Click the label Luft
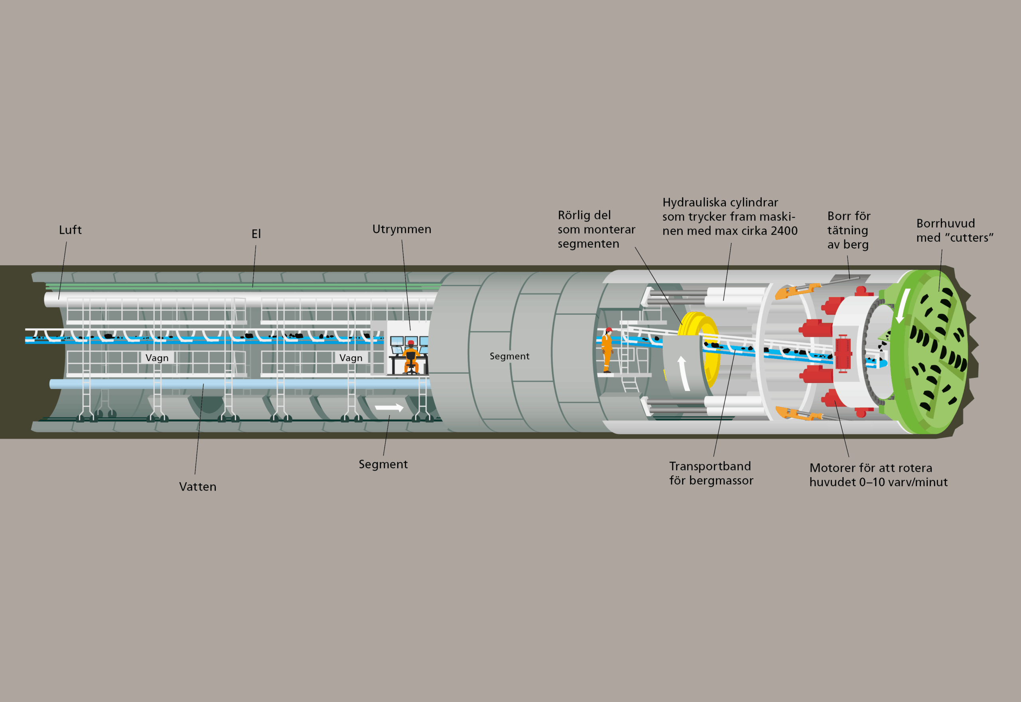click(70, 230)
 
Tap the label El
click(256, 234)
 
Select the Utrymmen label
click(402, 229)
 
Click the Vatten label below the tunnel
click(198, 487)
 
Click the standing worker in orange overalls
click(607, 350)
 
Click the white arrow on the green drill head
click(903, 305)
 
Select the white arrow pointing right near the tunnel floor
click(389, 408)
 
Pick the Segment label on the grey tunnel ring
click(510, 356)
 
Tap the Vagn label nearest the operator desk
click(351, 358)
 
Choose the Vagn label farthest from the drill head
click(157, 358)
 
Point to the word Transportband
click(710, 466)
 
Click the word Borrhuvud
click(946, 223)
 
